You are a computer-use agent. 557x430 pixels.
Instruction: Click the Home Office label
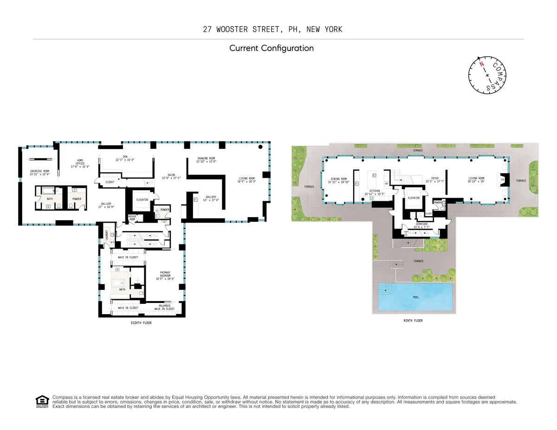79,163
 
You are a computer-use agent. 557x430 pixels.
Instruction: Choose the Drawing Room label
206,160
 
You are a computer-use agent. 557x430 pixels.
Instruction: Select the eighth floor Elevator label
142,200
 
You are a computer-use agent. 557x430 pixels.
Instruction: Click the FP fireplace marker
502,180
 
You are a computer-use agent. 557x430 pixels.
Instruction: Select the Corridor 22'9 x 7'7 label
421,225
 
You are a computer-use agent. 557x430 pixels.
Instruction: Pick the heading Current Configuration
272,48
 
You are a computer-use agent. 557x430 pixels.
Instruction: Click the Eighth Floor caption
141,323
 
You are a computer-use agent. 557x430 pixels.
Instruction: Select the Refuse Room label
132,218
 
